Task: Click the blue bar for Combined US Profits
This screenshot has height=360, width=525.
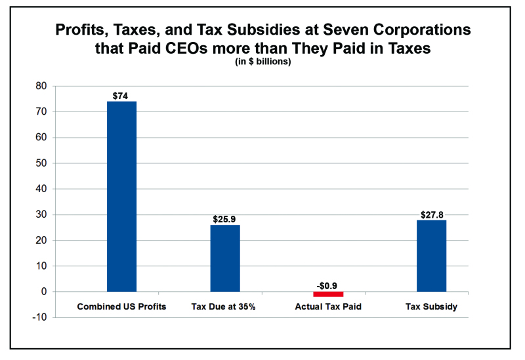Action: tap(121, 196)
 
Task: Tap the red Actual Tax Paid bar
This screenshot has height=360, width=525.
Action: tap(328, 294)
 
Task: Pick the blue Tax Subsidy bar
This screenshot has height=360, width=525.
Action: tap(431, 256)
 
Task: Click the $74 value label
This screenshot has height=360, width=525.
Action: tap(121, 96)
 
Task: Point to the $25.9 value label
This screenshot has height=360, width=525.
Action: tap(225, 219)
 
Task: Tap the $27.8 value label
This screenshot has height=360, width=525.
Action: tap(431, 214)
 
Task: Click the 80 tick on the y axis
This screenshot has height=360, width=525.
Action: tap(41, 86)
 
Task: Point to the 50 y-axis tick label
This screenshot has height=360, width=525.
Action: tap(41, 163)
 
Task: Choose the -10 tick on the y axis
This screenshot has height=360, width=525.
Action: tap(40, 317)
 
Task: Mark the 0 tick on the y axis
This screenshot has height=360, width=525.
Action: tap(44, 292)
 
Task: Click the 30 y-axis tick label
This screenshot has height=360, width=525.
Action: tap(41, 214)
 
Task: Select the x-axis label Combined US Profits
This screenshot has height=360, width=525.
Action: tap(122, 307)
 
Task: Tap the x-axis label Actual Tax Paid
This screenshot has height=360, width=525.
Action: tap(328, 307)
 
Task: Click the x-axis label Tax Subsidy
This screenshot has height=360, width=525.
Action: tap(431, 307)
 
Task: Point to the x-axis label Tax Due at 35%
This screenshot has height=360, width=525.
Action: tap(225, 307)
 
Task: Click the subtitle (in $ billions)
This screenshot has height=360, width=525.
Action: tap(262, 62)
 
